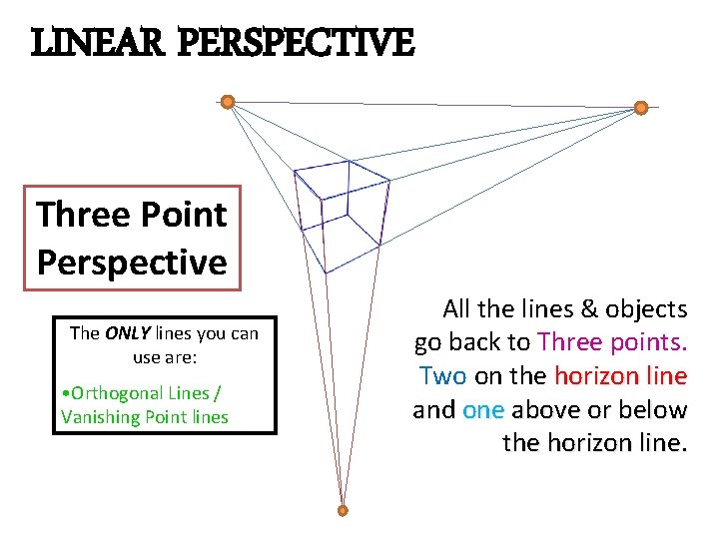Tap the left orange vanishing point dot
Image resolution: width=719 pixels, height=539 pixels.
(x=228, y=101)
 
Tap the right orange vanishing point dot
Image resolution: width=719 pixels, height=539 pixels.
(x=641, y=107)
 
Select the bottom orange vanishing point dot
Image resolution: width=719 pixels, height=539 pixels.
(x=343, y=510)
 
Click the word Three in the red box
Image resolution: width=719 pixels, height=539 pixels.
(x=83, y=214)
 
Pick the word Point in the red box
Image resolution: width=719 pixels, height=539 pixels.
(x=181, y=214)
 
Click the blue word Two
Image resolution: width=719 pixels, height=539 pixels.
(x=443, y=376)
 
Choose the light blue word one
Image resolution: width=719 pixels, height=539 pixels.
(x=484, y=410)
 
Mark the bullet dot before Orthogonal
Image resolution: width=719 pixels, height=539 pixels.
(x=65, y=393)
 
